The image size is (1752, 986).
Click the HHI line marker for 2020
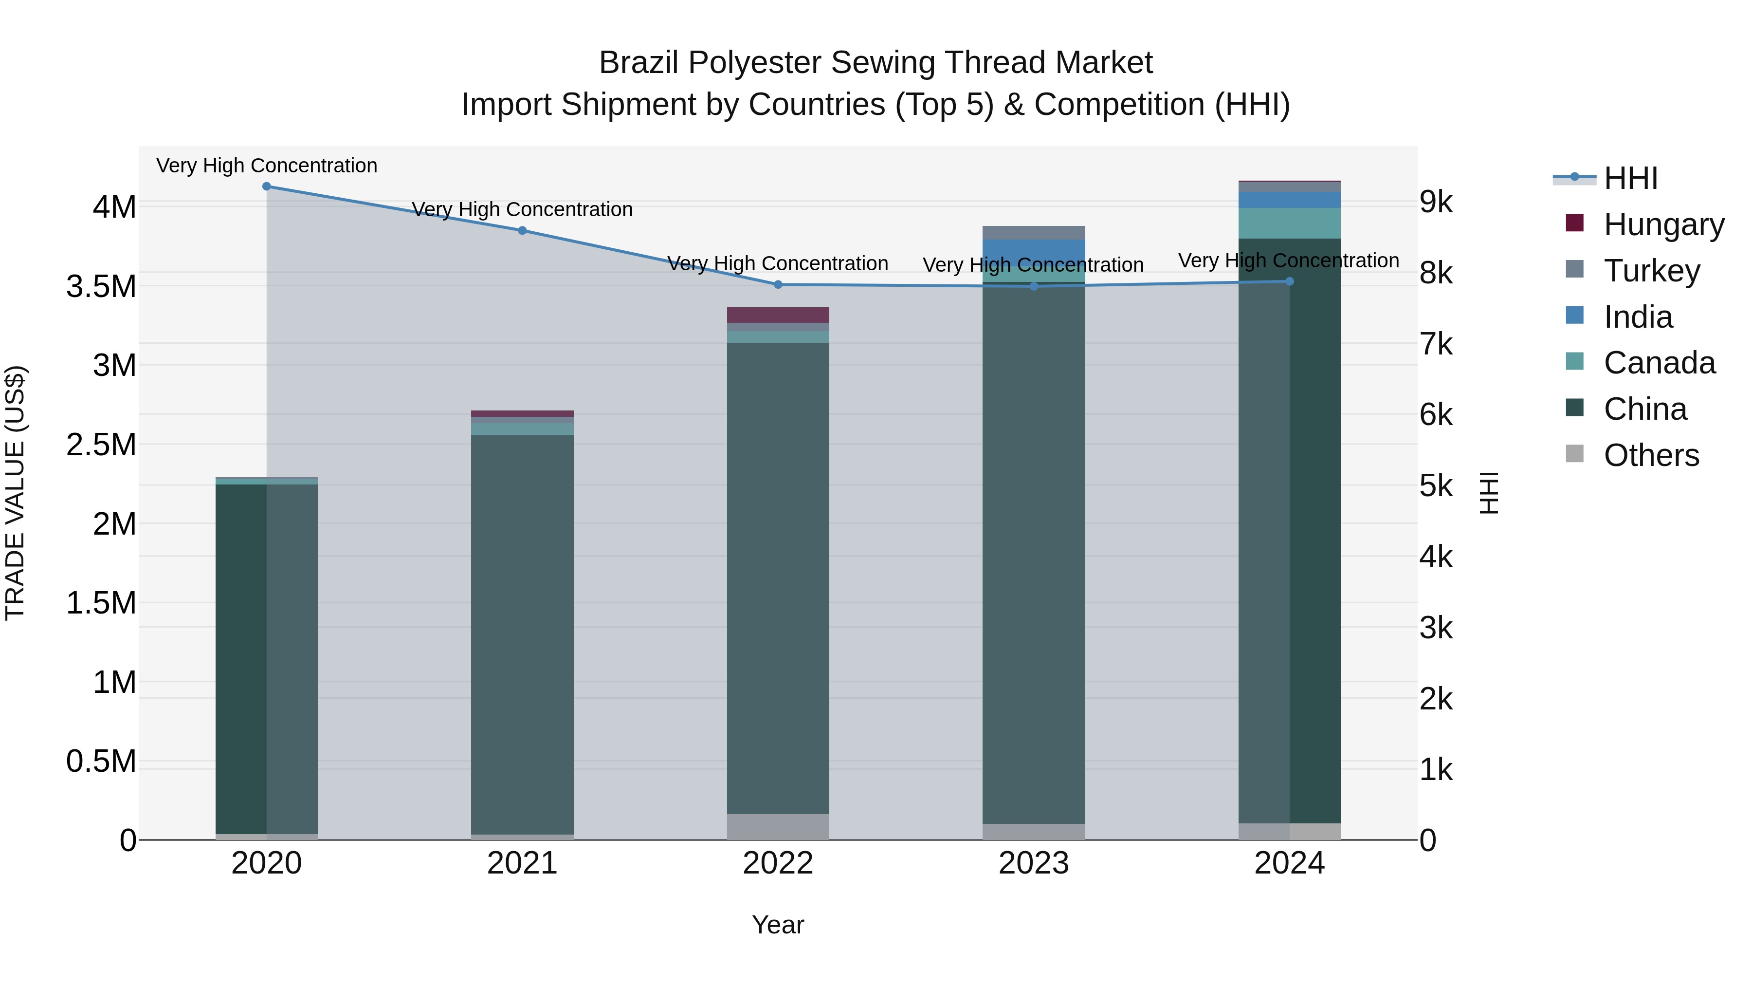[x=267, y=186]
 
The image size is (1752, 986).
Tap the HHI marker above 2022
[x=778, y=284]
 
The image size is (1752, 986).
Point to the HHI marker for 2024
[x=1290, y=281]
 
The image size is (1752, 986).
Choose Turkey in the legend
[x=1651, y=270]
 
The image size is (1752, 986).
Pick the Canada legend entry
[x=1659, y=363]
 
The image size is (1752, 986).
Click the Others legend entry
[x=1651, y=455]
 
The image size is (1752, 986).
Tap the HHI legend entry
[x=1630, y=178]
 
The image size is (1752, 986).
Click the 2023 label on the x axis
[x=1034, y=863]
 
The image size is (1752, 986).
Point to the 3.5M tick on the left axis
[x=101, y=286]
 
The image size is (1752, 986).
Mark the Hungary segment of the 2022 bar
[x=778, y=315]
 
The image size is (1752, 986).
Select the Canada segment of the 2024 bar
[x=1290, y=223]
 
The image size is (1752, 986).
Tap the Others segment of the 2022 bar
[x=778, y=827]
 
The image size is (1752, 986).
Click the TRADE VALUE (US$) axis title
[x=16, y=493]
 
